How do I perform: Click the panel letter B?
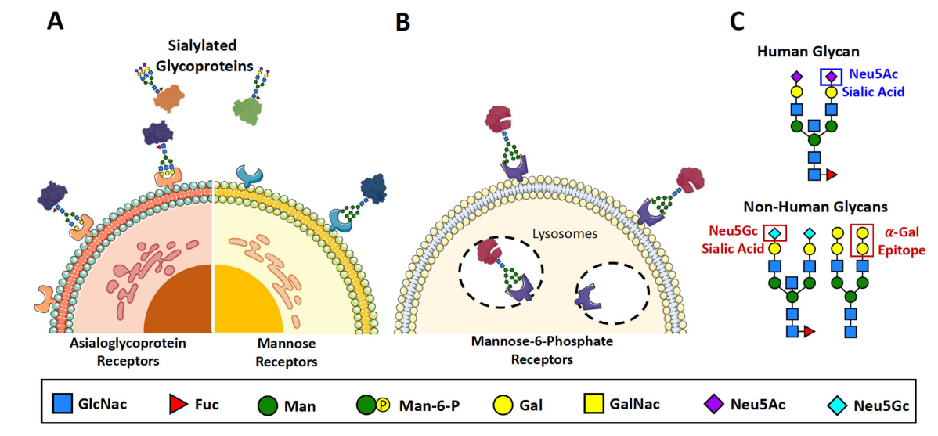402,22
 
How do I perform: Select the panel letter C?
737,21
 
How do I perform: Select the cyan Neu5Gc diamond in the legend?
835,405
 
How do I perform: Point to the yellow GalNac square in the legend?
594,405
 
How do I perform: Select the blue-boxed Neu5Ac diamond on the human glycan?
830,77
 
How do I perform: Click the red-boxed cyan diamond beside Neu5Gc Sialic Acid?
774,233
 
